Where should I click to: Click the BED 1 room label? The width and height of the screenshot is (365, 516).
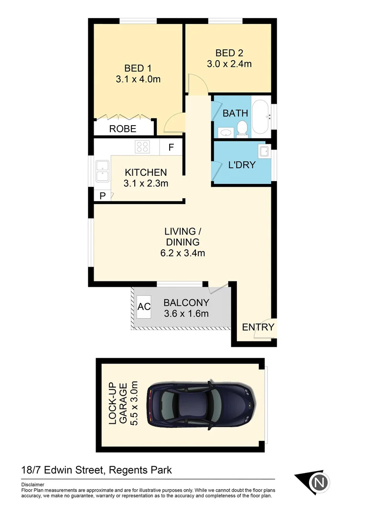click(x=138, y=68)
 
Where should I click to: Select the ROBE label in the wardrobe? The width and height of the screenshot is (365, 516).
click(x=123, y=129)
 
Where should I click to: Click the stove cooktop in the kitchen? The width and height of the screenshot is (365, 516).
click(x=142, y=147)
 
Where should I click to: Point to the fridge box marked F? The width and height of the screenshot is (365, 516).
click(x=171, y=147)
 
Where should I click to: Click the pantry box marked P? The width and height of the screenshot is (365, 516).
click(x=102, y=195)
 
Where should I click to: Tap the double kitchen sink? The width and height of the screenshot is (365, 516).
click(x=102, y=172)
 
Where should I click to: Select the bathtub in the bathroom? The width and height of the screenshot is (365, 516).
click(x=261, y=117)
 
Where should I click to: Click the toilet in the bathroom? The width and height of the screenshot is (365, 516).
click(x=242, y=129)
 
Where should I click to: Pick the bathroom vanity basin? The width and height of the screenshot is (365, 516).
click(x=225, y=132)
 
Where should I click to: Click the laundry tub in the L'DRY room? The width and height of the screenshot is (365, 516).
click(x=263, y=152)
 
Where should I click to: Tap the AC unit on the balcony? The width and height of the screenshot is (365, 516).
click(x=144, y=307)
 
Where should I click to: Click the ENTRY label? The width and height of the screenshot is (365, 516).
click(x=258, y=327)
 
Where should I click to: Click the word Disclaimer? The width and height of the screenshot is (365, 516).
click(x=33, y=484)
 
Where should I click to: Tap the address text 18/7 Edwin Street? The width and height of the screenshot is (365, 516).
click(x=62, y=470)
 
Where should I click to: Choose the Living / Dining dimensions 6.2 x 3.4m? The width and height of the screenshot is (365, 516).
click(x=182, y=253)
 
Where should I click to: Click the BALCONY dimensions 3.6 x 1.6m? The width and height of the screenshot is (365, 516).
click(x=186, y=314)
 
